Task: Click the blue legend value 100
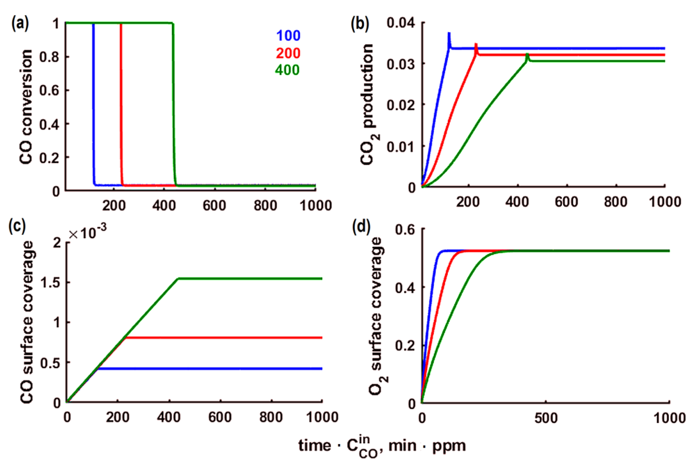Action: [288, 36]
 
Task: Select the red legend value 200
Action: [288, 53]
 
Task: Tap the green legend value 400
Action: [287, 70]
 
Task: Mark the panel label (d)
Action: [361, 227]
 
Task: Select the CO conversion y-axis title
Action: [26, 107]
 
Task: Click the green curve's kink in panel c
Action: [178, 279]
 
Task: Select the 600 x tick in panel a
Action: [214, 206]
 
